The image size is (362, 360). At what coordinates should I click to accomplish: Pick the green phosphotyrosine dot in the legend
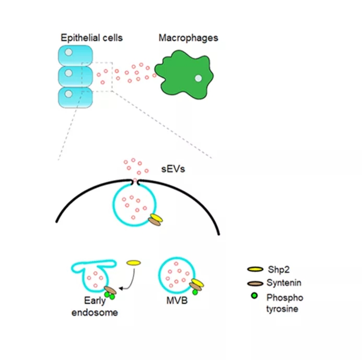click(x=254, y=296)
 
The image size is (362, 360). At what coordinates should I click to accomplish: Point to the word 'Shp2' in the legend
click(x=275, y=269)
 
